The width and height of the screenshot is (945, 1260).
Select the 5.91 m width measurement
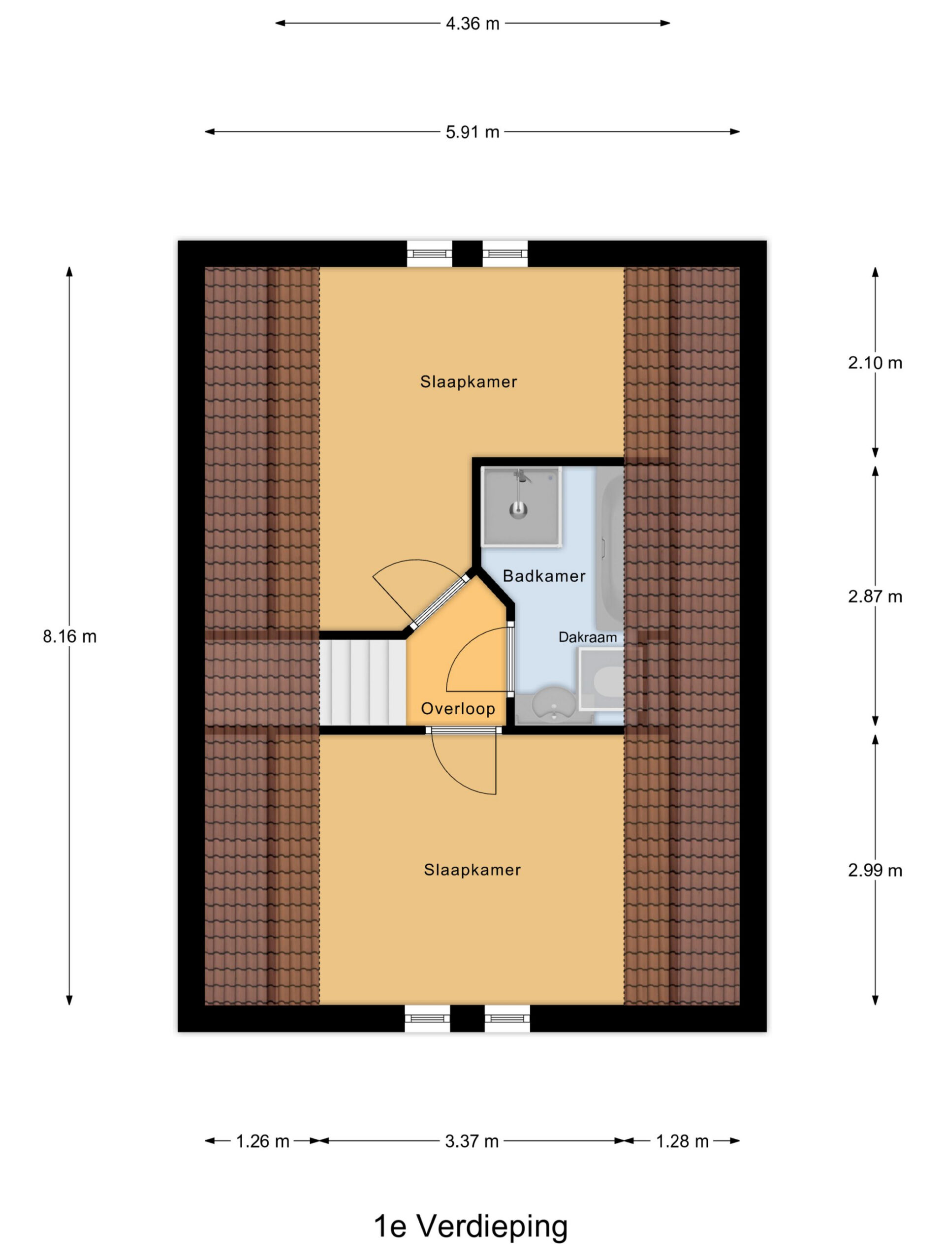pos(472,132)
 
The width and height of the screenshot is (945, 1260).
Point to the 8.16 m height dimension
pos(69,636)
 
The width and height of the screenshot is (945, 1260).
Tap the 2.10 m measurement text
pos(875,363)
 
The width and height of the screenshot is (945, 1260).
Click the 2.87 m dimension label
pos(875,597)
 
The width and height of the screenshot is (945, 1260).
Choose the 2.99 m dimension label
pos(875,870)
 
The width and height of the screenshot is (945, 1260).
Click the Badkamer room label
pos(544,576)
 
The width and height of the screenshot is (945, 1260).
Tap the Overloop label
pos(458,709)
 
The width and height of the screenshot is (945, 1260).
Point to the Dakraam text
pos(587,637)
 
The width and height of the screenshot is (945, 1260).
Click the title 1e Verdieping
pos(471,1226)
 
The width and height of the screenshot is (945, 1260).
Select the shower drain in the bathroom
pos(518,509)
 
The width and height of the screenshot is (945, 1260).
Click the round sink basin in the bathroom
pos(553,705)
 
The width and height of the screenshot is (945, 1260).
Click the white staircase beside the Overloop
pos(362,682)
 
